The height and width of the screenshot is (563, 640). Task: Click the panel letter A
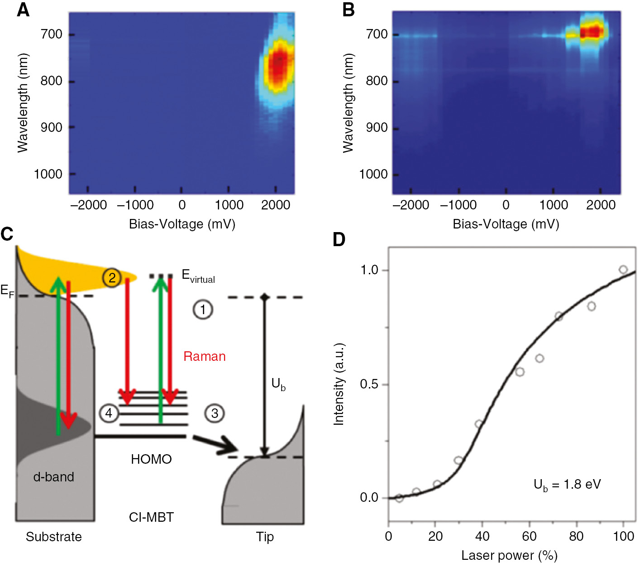point(23,10)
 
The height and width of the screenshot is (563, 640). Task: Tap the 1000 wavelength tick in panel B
point(373,174)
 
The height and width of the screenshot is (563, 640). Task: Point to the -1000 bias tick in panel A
point(135,205)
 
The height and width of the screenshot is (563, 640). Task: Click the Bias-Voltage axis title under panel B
point(506,224)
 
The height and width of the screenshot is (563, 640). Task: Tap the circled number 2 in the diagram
point(112,277)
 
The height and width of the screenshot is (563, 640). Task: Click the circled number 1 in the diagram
point(203,310)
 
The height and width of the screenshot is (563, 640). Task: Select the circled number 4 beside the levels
point(109,413)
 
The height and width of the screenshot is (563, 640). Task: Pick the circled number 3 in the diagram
point(215,413)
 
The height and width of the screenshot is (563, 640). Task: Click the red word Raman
point(204,356)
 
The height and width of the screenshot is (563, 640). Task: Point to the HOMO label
point(151,459)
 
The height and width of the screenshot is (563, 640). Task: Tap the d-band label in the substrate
point(53,477)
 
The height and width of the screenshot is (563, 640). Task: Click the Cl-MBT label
point(151,517)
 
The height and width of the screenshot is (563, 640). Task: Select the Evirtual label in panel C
point(198,276)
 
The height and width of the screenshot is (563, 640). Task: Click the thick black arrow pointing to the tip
point(215,444)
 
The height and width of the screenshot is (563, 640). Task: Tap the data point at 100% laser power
point(623,270)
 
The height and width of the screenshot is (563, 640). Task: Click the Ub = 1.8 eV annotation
point(567,485)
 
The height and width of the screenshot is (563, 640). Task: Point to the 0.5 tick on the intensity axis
point(369,384)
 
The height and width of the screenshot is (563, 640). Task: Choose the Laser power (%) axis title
point(509,555)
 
